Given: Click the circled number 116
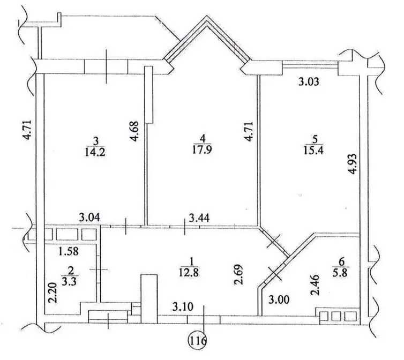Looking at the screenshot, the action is [198, 341].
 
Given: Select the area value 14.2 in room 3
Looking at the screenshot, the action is [95, 152].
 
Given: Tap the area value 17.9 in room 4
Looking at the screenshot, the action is [202, 149].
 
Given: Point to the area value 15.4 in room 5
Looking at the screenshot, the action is [313, 150].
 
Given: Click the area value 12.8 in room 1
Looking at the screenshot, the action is [189, 272].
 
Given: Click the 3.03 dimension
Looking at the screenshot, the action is [309, 81].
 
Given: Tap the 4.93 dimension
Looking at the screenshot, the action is [352, 164].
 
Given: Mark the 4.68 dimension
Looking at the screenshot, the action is [134, 131].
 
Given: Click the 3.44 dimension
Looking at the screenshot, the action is [199, 218].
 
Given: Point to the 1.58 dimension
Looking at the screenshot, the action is [68, 251].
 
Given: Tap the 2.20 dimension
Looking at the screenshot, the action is [53, 292].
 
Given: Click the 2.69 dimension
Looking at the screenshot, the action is [238, 274].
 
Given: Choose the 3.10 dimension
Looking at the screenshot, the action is [183, 307].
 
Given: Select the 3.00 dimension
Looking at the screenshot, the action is [279, 299].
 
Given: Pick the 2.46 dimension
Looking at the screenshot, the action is [315, 285].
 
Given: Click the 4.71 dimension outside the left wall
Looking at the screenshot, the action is [27, 130].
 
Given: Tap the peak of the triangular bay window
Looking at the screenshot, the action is [207, 16].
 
